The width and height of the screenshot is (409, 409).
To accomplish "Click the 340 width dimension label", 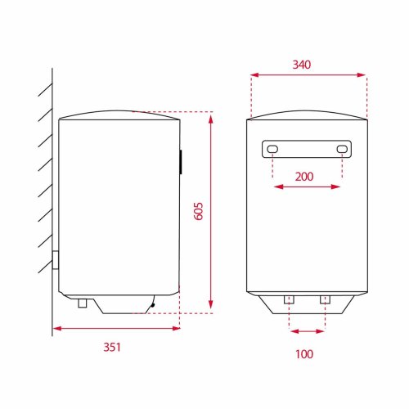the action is click(302, 65).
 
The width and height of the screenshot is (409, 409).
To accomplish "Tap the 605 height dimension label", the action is click(199, 211).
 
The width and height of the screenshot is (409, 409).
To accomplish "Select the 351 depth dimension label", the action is click(112, 347).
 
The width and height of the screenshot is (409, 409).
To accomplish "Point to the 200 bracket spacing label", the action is click(304, 177).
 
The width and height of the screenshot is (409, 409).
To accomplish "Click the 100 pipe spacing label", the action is click(304, 354).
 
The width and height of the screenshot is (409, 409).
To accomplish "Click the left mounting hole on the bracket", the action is click(272, 149).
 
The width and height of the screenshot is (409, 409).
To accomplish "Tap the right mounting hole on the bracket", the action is click(342, 149).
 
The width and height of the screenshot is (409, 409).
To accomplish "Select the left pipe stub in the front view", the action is click(289, 299).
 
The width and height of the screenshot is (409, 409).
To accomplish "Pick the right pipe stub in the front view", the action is click(325, 299).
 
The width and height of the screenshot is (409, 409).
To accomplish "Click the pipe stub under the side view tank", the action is click(83, 303).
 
